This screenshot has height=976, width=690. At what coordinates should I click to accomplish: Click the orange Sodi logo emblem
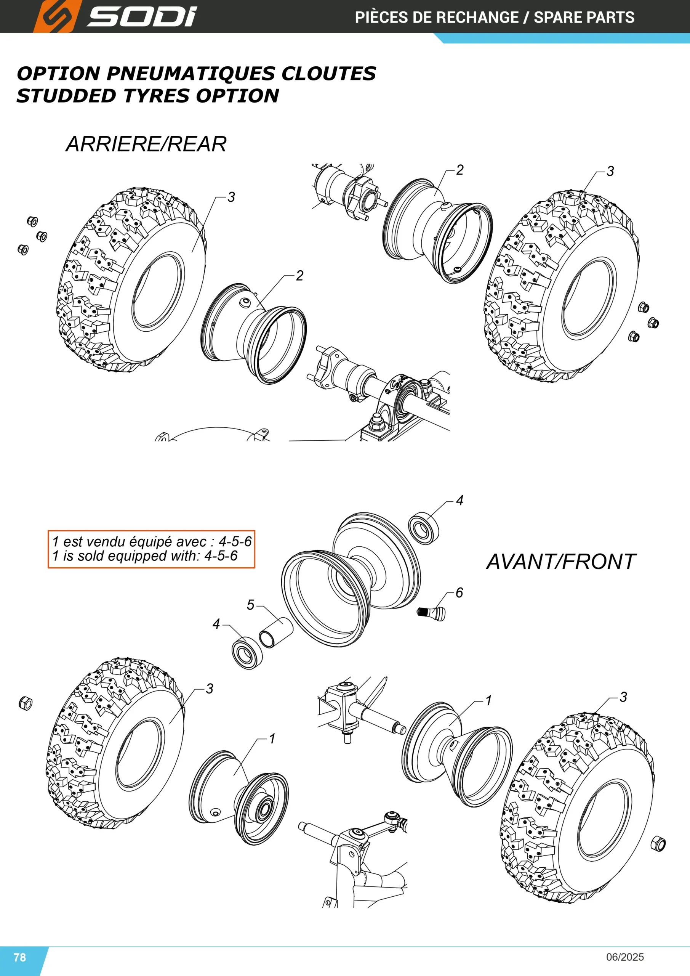click(56, 16)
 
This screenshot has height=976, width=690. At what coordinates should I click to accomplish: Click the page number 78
click(19, 957)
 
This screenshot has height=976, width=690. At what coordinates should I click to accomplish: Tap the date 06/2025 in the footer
click(625, 957)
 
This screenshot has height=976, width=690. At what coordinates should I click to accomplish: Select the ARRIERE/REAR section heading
click(146, 144)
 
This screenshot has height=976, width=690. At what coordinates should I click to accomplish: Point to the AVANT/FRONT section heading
click(561, 562)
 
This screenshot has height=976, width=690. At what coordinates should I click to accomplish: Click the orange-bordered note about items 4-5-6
click(151, 549)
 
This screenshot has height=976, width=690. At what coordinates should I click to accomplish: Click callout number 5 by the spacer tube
click(251, 605)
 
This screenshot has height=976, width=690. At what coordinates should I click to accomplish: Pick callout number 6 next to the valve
click(459, 592)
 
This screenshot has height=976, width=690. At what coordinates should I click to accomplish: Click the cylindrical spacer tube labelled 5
click(276, 632)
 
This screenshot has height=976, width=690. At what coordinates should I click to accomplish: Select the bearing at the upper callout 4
click(424, 528)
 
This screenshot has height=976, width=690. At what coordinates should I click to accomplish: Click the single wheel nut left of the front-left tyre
click(26, 703)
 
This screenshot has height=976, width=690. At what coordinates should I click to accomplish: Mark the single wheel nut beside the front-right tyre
click(658, 843)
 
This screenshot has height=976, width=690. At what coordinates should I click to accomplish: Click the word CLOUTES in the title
click(328, 74)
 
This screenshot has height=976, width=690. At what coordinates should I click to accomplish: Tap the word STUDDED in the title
click(66, 96)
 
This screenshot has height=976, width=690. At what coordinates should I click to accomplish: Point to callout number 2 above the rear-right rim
click(460, 170)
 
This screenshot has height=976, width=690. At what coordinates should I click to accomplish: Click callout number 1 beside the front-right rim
click(488, 700)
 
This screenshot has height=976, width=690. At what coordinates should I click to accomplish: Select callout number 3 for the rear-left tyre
click(231, 197)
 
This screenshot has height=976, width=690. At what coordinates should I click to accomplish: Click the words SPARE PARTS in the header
click(584, 18)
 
